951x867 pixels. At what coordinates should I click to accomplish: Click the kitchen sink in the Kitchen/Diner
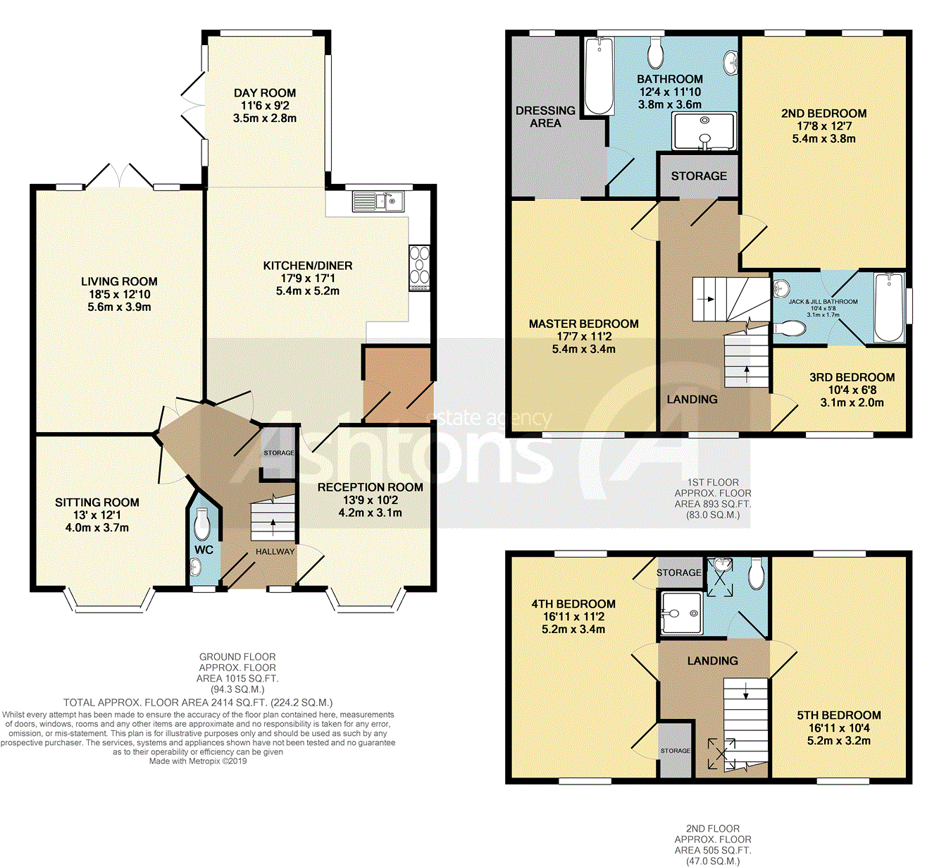[378, 201]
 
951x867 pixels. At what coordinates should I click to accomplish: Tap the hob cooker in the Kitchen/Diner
[420, 268]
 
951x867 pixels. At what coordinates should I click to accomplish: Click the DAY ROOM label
[265, 93]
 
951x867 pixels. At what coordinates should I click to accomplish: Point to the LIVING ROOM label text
[119, 281]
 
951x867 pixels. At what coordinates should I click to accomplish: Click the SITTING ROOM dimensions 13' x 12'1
[97, 515]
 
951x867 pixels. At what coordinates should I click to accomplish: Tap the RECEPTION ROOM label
[371, 487]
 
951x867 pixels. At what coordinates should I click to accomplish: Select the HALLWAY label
[275, 551]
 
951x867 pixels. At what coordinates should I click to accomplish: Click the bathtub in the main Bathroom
[599, 76]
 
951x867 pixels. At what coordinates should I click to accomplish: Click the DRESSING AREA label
[545, 117]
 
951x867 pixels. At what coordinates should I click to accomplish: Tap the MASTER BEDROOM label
[583, 324]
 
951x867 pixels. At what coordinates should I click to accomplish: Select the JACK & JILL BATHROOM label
[823, 302]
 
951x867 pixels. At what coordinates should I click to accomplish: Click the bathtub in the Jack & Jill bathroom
[889, 307]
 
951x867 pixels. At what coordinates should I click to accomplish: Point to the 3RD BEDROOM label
[852, 377]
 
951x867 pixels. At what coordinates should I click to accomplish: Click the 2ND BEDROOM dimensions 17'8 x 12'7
[824, 126]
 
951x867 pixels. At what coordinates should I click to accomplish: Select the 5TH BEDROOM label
[839, 715]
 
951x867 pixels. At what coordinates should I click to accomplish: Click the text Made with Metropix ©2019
[198, 761]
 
